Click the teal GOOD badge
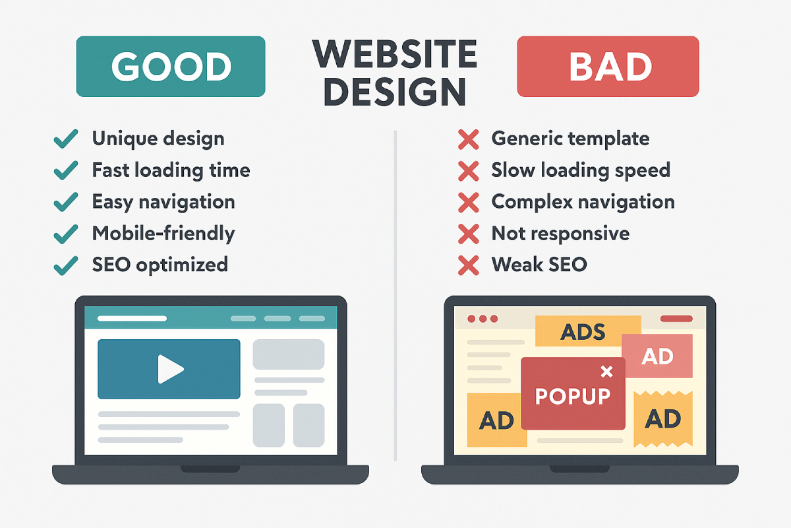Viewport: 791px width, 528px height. [x=171, y=67]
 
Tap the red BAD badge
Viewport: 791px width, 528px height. [x=608, y=67]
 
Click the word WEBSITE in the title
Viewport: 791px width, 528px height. [x=395, y=54]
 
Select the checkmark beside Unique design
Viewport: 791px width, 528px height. [x=66, y=139]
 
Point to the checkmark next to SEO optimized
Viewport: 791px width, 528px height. [x=66, y=265]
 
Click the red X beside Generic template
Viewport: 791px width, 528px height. [x=468, y=139]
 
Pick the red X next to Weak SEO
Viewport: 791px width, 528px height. [x=468, y=265]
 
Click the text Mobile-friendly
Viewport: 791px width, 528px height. [x=163, y=234]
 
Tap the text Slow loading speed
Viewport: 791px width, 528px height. [x=581, y=170]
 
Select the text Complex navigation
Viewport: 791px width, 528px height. [x=583, y=202]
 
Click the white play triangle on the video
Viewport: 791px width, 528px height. [x=171, y=369]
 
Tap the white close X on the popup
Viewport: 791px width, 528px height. [x=606, y=372]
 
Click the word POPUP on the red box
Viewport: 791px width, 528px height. [x=572, y=396]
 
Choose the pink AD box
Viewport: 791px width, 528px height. [x=657, y=356]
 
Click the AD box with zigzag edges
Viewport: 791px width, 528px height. [x=663, y=419]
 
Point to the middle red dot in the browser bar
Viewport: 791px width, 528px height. [x=483, y=319]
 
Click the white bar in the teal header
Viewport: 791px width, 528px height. [x=132, y=318]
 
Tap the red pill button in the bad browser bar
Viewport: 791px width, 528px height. [x=676, y=319]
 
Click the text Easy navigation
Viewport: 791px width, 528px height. [x=163, y=202]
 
